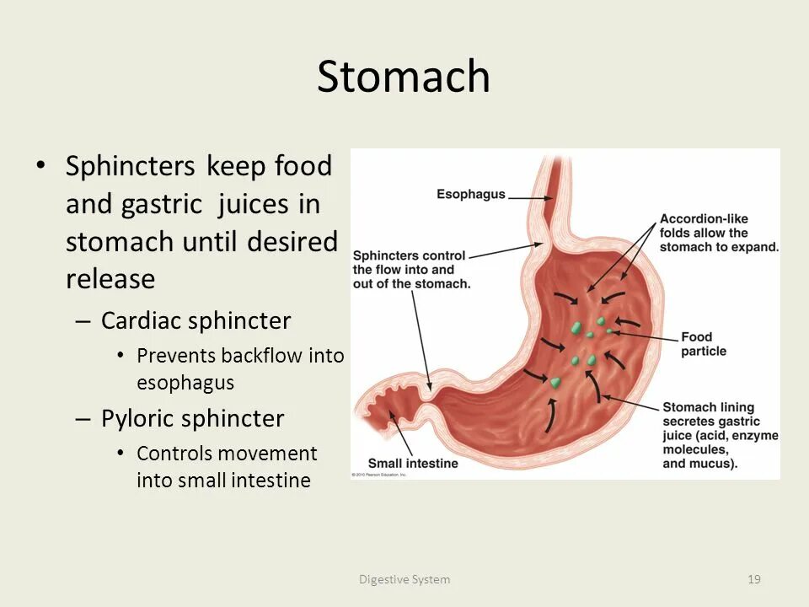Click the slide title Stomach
click(x=404, y=77)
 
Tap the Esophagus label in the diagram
click(x=470, y=194)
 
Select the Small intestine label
click(x=413, y=463)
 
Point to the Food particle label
click(x=704, y=344)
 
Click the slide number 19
click(x=754, y=579)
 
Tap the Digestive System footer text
click(x=404, y=579)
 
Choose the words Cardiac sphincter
click(x=196, y=321)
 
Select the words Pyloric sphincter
click(x=192, y=419)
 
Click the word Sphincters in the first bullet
click(x=131, y=166)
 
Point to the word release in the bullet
click(x=110, y=278)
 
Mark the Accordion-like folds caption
click(x=718, y=232)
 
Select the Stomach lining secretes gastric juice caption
click(x=720, y=435)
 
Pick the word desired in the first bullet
click(x=292, y=241)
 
